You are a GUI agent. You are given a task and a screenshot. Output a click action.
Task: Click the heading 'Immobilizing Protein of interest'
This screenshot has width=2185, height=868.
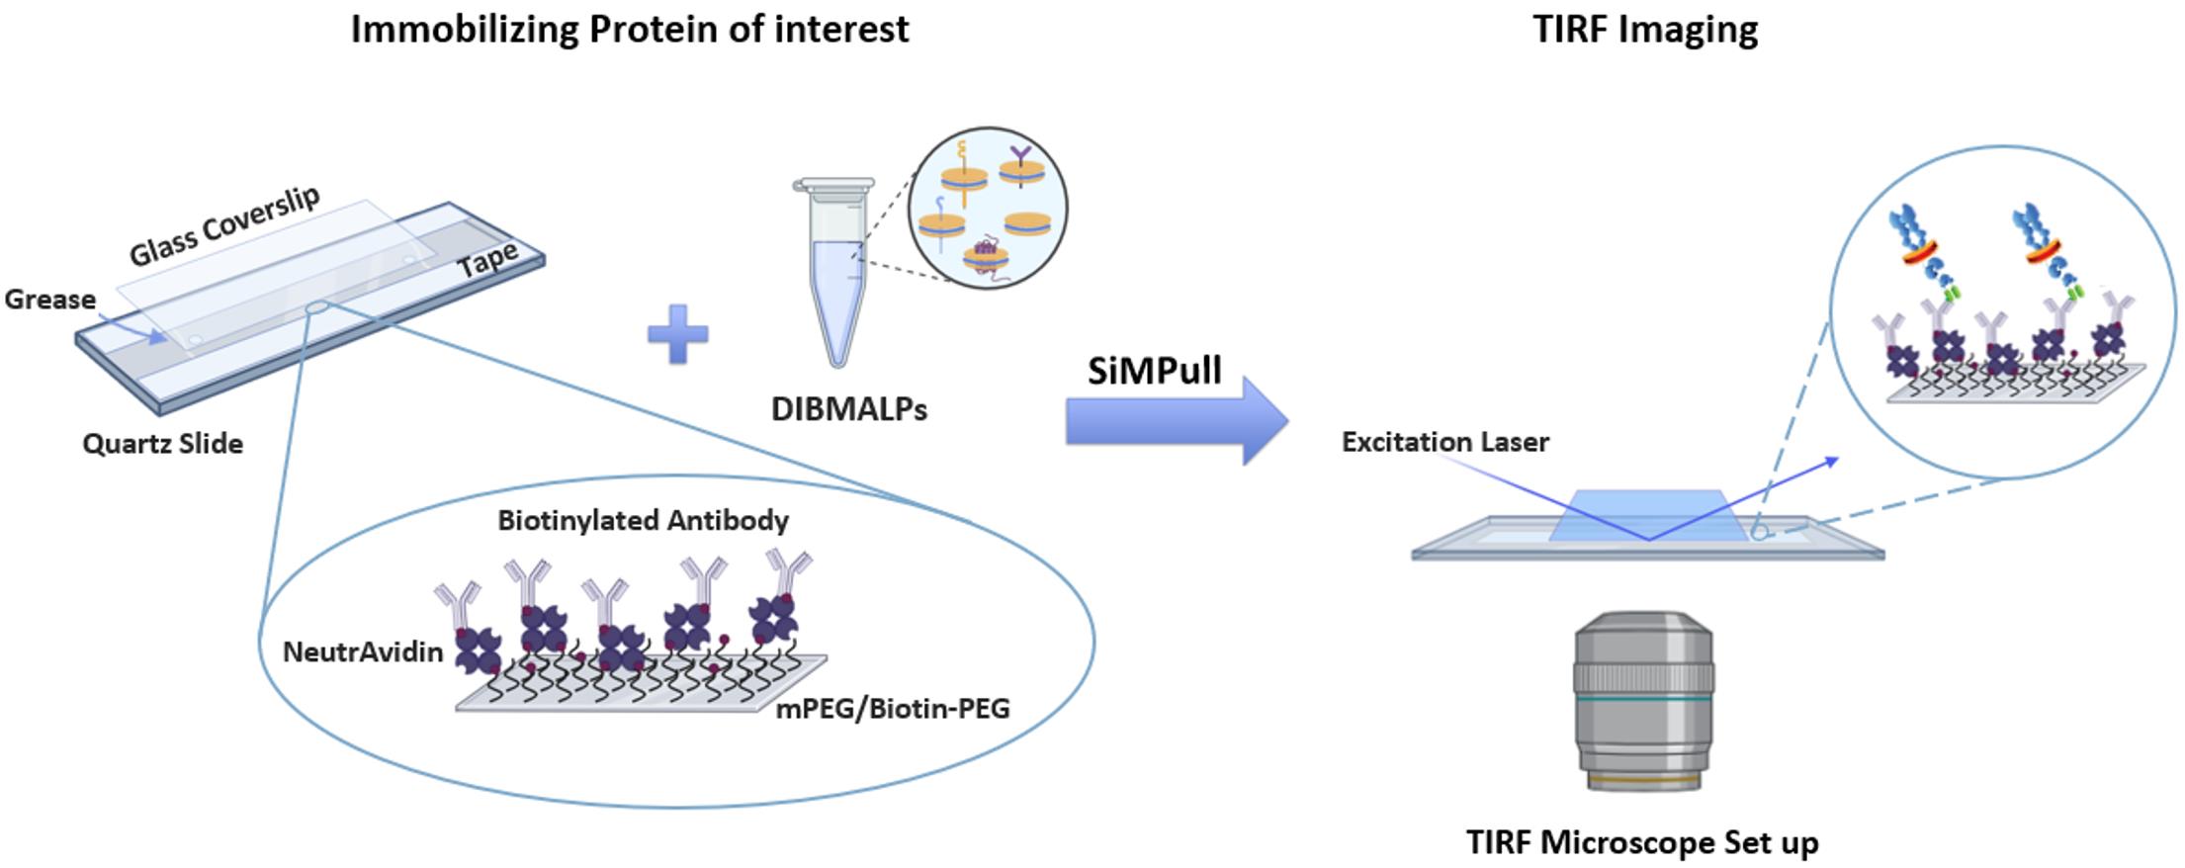coord(630,30)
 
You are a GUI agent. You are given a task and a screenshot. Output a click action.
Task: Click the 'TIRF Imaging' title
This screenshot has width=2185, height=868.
coord(1645,30)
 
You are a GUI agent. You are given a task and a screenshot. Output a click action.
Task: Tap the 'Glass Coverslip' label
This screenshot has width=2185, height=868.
coord(225,226)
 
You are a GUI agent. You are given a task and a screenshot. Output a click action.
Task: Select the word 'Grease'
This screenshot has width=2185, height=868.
coord(50,300)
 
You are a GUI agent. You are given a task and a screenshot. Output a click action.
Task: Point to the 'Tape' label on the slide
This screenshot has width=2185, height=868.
coord(487,261)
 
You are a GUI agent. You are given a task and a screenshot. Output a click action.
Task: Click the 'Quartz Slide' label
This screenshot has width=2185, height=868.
coord(163,444)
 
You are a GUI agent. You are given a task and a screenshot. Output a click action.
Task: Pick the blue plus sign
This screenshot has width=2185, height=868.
coord(678,333)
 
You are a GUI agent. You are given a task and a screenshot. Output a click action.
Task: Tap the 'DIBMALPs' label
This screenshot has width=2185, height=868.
coord(849,409)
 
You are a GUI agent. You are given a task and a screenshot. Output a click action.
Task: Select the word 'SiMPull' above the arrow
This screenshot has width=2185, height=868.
coord(1155,371)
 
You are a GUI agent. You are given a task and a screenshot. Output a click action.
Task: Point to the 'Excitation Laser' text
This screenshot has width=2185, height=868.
coord(1444,442)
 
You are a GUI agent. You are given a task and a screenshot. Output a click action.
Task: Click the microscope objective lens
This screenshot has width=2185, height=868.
coord(1643,701)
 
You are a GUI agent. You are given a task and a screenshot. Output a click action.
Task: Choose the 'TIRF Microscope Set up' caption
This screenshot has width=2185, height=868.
coord(1642,842)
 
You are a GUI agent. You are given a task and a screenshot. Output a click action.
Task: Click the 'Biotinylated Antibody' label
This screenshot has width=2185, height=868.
coord(643,520)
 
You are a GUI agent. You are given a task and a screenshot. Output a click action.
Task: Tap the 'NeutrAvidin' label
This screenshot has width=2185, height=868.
coord(362,651)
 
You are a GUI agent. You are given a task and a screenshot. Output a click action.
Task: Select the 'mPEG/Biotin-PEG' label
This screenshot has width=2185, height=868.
coord(893,708)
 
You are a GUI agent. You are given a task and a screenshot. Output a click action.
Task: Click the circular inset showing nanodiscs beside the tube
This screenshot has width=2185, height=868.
coord(988,209)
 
